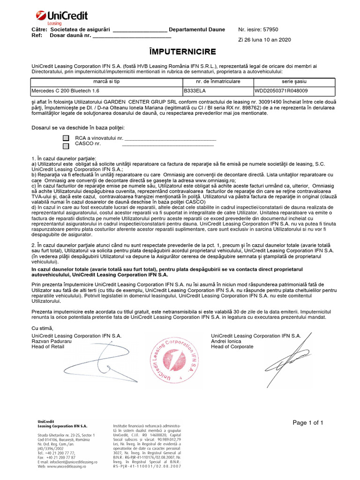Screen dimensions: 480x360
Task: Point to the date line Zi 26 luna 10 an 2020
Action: pyautogui.click(x=264, y=40)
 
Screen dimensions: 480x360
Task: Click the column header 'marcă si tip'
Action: pyautogui.click(x=106, y=82)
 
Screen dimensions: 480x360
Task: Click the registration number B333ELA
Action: pyautogui.click(x=194, y=90)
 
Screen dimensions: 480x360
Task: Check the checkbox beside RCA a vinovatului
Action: pyautogui.click(x=66, y=139)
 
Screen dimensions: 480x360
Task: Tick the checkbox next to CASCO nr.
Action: pyautogui.click(x=66, y=146)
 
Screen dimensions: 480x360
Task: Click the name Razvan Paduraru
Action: pyautogui.click(x=52, y=341)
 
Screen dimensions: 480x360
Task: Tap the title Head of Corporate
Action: pyautogui.click(x=232, y=347)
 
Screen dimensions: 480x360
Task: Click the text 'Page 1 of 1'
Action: pyautogui.click(x=308, y=423)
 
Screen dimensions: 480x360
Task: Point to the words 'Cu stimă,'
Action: pyautogui.click(x=43, y=328)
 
